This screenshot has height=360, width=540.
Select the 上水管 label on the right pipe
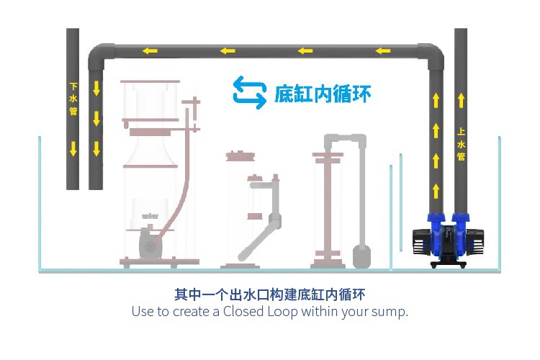tap(461, 144)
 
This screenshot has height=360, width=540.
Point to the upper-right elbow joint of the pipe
tap(433, 55)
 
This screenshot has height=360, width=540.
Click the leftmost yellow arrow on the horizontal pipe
tap(150, 51)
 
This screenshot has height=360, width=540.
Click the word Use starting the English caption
tap(142, 312)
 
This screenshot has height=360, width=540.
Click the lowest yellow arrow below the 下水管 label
tap(73, 150)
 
